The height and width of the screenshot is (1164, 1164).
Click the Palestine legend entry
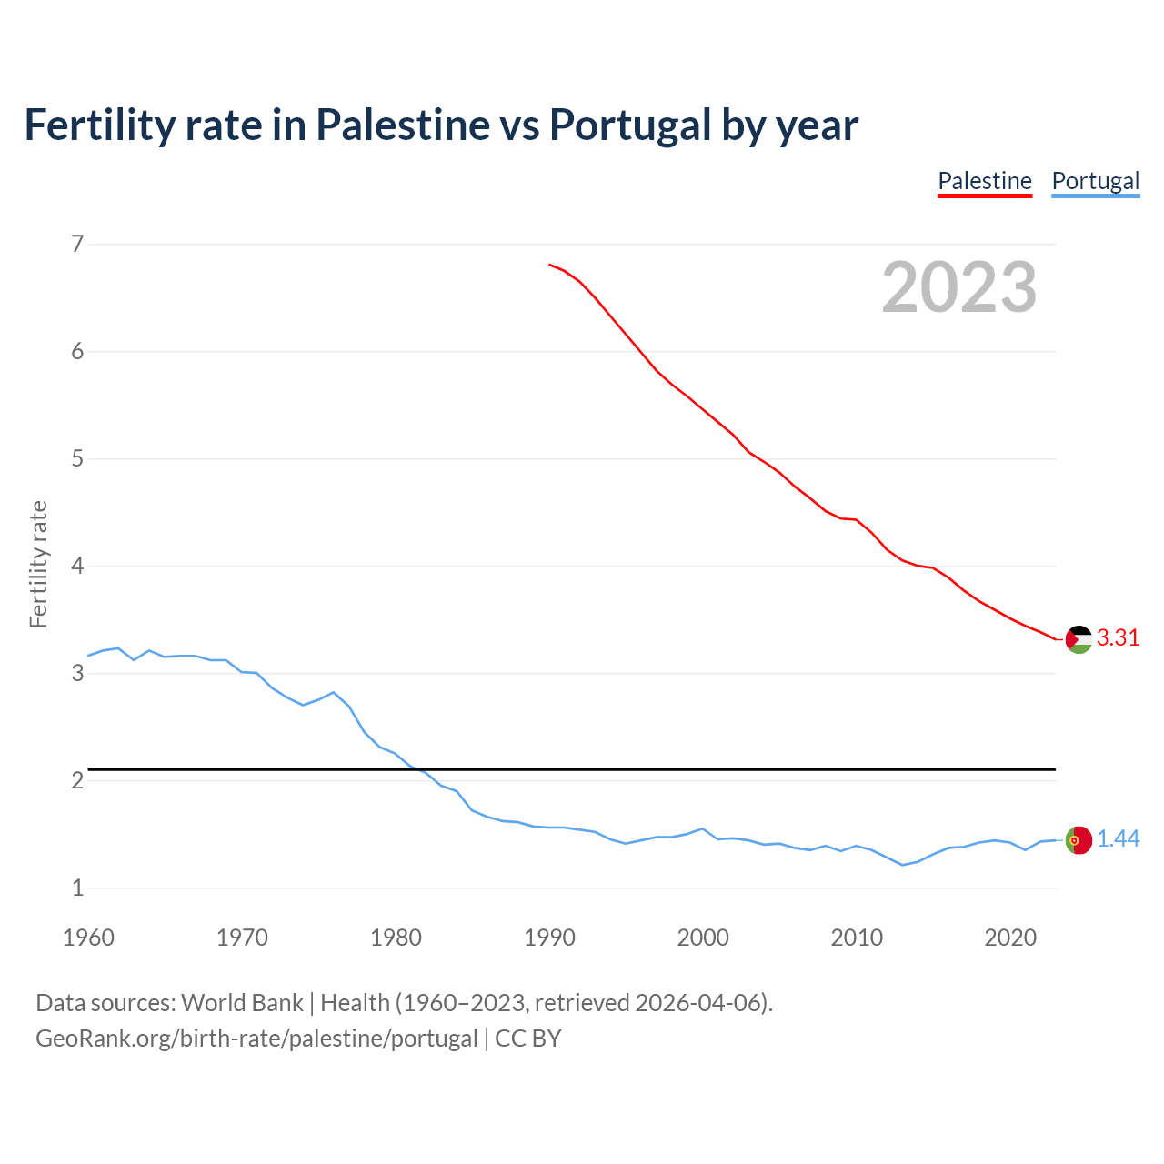985,181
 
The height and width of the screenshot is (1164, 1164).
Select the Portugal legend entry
1095,181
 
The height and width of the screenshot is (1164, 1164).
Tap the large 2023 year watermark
958,287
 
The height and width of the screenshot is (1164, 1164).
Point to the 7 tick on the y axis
77,244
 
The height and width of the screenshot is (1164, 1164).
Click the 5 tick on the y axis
77,458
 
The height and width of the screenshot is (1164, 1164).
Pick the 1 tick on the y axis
77,888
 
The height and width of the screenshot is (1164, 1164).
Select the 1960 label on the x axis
88,938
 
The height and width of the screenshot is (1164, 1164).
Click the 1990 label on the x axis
549,938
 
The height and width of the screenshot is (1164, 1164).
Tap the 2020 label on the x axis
1010,938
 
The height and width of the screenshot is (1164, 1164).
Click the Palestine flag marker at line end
1079,639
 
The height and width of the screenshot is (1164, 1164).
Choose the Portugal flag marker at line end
1079,840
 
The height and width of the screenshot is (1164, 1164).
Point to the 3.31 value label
1118,638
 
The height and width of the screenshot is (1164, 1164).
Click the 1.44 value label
1118,839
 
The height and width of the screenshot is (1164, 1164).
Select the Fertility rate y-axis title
38,564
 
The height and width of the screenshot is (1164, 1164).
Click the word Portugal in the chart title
629,125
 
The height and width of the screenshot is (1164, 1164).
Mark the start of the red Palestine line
550,265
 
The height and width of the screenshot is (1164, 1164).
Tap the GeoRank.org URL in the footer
256,1039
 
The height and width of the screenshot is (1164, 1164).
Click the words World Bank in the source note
242,1003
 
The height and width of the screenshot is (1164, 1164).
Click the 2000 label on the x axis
703,938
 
